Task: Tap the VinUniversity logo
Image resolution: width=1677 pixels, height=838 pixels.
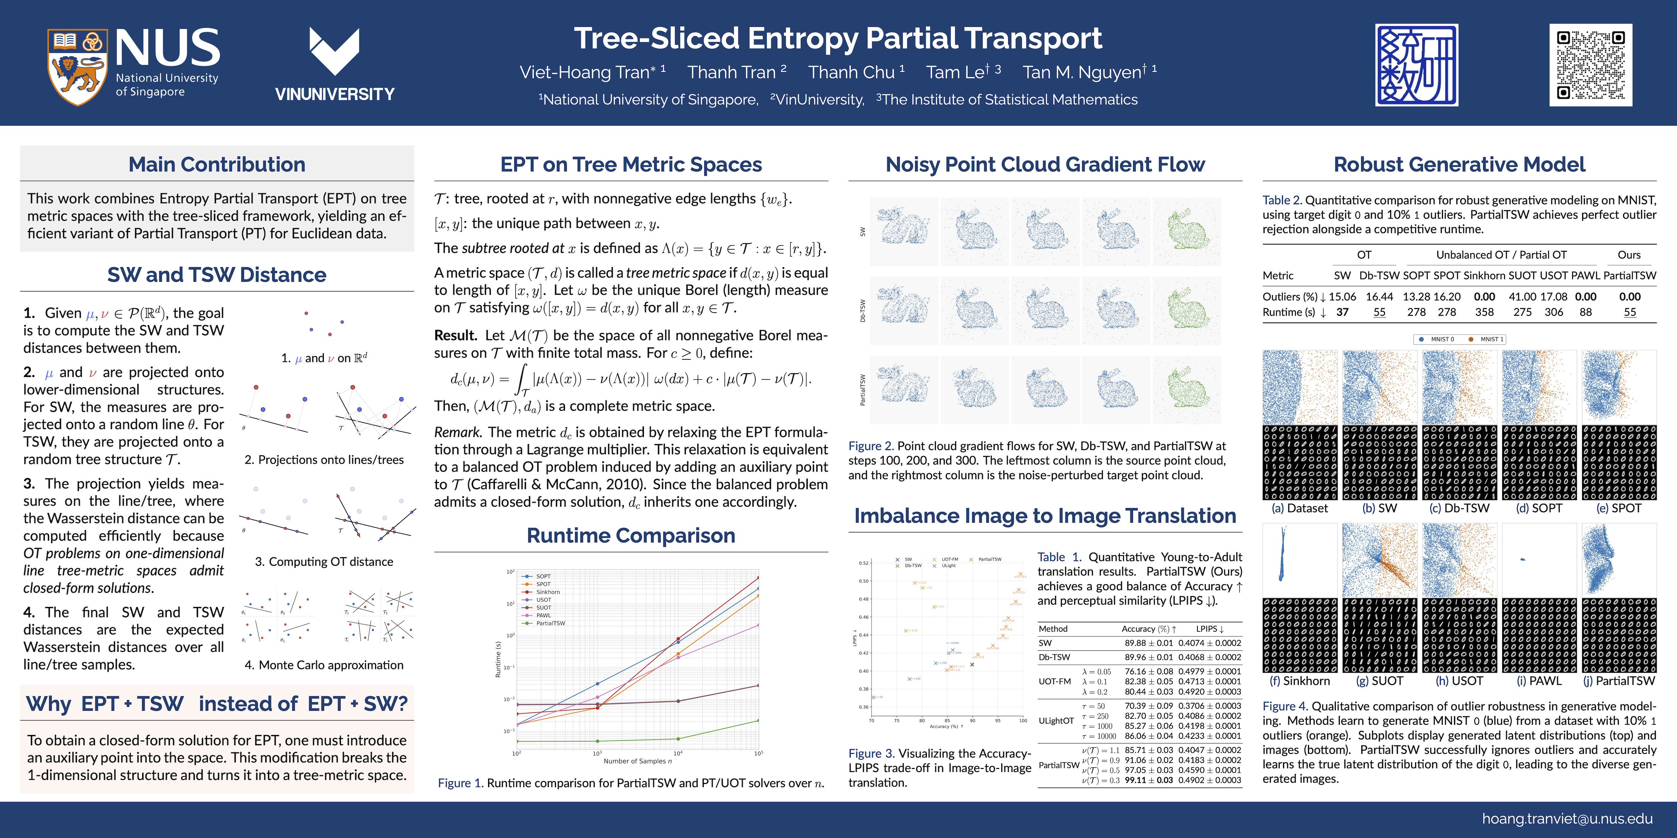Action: [335, 65]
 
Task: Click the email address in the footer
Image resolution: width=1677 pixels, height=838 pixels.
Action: [1567, 818]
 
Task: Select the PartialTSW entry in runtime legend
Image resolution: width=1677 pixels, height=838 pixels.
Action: [550, 623]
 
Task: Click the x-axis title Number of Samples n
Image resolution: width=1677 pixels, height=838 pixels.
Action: [637, 760]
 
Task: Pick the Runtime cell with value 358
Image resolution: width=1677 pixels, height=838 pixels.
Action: [1484, 312]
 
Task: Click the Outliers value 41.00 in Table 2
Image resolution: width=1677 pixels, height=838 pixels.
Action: [1522, 297]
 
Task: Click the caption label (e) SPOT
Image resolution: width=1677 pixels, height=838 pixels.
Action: [1618, 508]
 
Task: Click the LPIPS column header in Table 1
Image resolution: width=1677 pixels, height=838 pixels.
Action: [1210, 629]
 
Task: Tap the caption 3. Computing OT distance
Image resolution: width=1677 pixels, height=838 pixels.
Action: [324, 561]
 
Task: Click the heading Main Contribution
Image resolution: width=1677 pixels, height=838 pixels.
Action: [217, 165]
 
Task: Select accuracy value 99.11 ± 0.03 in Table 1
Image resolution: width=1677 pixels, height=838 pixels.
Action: [1148, 780]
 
